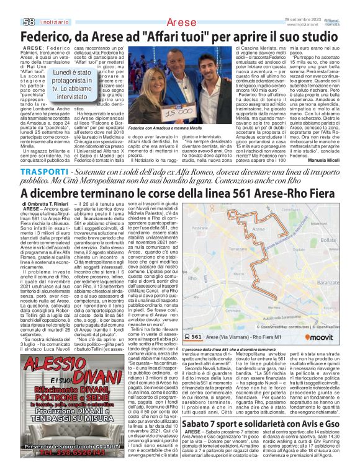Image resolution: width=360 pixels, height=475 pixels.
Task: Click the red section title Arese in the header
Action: point(181,22)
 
